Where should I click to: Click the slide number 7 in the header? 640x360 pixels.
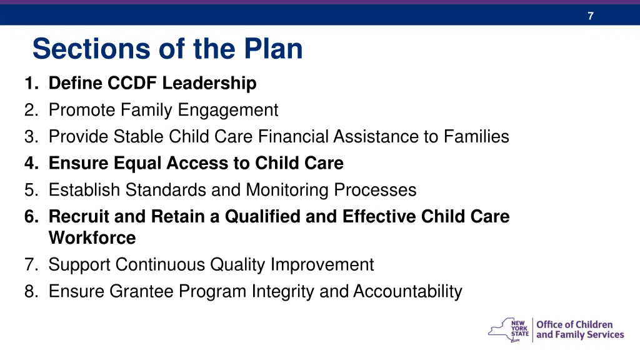(590, 16)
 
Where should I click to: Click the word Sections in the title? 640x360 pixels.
(92, 49)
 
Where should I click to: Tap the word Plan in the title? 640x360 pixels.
(273, 49)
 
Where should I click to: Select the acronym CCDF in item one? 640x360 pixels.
(132, 83)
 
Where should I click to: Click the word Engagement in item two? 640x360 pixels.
(227, 110)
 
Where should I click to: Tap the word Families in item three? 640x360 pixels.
(476, 136)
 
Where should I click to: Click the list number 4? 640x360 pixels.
(31, 163)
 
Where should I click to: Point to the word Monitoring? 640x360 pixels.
(287, 190)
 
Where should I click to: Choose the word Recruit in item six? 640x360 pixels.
(79, 216)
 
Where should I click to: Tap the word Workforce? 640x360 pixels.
(92, 238)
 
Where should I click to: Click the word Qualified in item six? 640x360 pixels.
(262, 216)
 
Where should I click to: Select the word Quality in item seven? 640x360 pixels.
(237, 265)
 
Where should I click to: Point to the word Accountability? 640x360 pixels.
(407, 292)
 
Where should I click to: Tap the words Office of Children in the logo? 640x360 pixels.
(574, 324)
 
